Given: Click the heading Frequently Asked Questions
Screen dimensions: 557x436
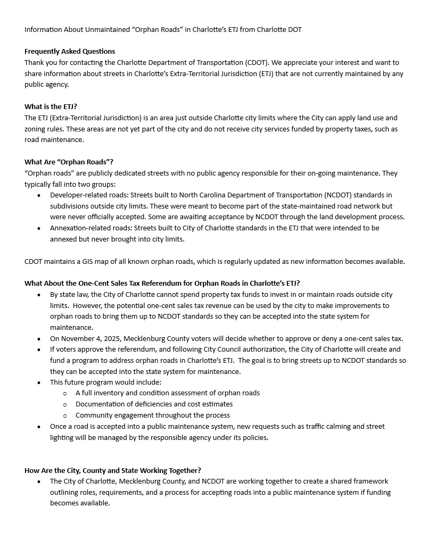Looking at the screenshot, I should click(70, 52).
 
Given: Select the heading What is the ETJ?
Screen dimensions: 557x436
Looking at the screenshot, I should click(51, 106).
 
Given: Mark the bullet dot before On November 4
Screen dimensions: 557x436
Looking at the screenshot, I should click(39, 339).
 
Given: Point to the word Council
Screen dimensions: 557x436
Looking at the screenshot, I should click(234, 350).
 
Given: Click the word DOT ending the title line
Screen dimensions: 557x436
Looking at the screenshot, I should click(294, 30).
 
